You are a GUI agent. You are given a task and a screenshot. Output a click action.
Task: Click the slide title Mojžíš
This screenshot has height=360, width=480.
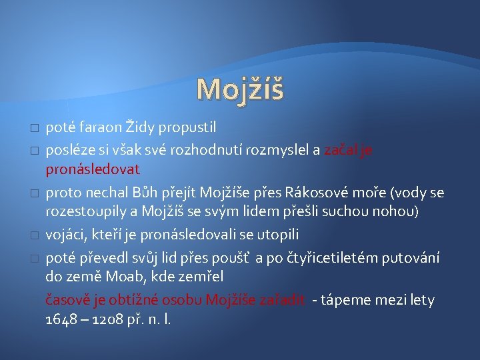click(x=240, y=89)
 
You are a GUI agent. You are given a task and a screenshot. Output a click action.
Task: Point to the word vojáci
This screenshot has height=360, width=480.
click(x=65, y=235)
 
